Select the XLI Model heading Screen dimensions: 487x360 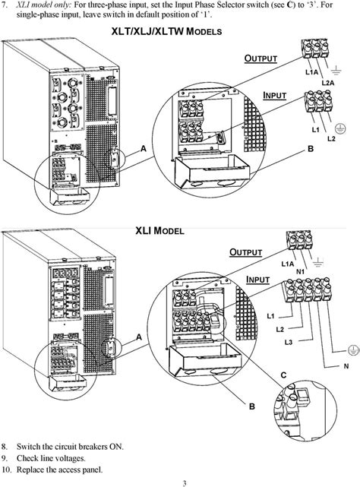(160, 229)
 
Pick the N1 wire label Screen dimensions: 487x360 (300, 270)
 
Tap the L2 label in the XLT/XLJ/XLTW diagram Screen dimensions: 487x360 (331, 139)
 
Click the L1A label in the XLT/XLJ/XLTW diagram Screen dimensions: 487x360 (311, 72)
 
